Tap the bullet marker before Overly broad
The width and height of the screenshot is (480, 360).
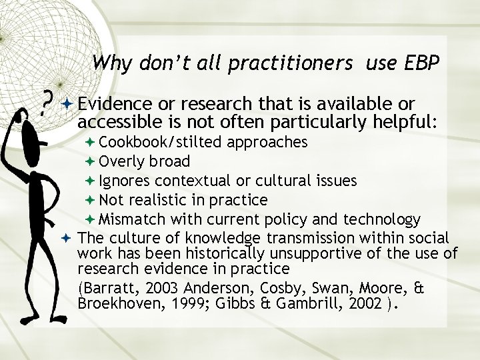[91, 161]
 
